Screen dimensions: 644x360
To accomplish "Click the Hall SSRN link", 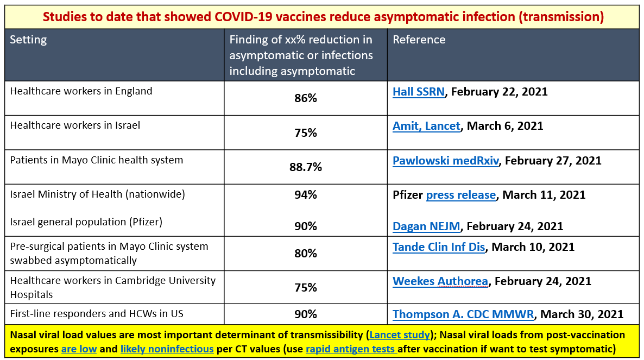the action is pos(419,92).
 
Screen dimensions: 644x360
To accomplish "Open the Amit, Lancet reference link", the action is pos(426,126).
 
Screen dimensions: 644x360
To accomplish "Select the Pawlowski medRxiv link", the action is pos(446,161).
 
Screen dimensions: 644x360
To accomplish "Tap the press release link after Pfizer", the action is pos(461,195).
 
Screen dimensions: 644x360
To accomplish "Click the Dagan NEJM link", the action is pos(426,226).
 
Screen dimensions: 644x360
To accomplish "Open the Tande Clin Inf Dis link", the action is pos(439,247).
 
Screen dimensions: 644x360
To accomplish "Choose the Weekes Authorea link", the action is pos(440,281).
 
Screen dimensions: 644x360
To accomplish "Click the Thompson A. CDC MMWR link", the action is pos(463,314).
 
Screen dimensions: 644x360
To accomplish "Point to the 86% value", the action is pos(306,98).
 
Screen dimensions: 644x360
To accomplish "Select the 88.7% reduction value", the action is pos(306,167).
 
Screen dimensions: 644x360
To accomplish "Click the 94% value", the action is pos(306,195).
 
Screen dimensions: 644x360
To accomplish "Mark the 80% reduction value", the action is pos(306,253).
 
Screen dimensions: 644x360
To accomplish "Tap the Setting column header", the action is pos(28,40).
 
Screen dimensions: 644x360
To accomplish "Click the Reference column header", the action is pos(419,40).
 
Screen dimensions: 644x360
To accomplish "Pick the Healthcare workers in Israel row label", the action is pos(75,125).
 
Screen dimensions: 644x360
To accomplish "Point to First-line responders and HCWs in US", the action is pos(97,314).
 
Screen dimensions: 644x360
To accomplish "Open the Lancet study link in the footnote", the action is pos(400,335).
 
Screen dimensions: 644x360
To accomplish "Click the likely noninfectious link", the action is pos(167,349).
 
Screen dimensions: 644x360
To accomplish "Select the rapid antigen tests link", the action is pos(351,349).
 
